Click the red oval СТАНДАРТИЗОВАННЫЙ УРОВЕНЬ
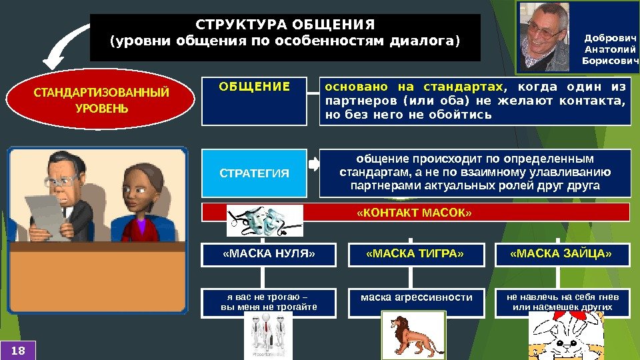click(x=101, y=99)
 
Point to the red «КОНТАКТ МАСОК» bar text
click(x=414, y=213)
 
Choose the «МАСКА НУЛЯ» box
click(x=268, y=254)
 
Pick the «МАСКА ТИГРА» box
click(x=415, y=254)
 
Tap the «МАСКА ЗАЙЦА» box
click(x=561, y=254)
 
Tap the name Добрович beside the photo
click(x=610, y=38)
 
